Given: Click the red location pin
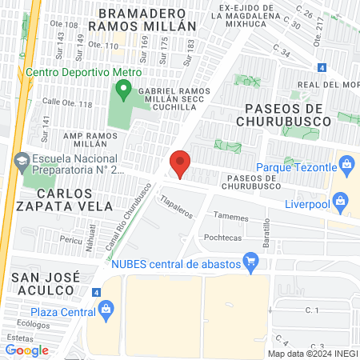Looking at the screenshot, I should [180, 163].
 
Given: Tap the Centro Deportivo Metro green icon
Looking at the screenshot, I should [122, 90].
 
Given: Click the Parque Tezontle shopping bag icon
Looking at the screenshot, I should [346, 167].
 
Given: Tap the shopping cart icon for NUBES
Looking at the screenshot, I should [250, 259].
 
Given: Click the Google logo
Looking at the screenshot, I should [26, 350].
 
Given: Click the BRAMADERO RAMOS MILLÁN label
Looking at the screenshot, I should [142, 18].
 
